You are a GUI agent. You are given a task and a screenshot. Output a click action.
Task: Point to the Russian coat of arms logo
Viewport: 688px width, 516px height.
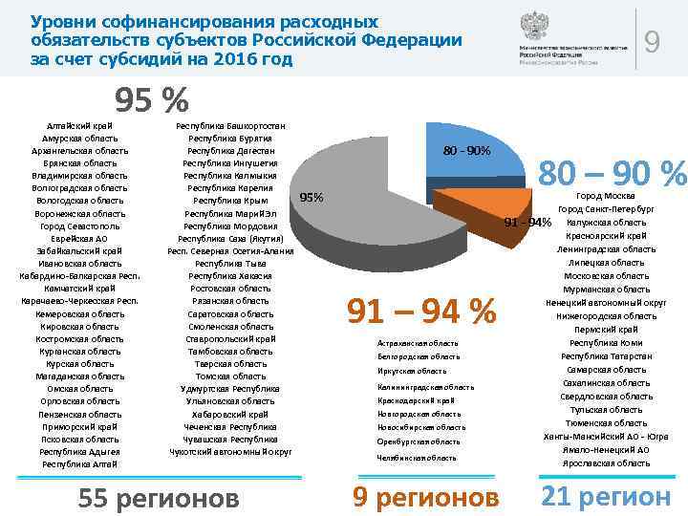pyautogui.click(x=533, y=27)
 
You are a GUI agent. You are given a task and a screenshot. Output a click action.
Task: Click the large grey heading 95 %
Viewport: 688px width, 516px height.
pyautogui.click(x=152, y=99)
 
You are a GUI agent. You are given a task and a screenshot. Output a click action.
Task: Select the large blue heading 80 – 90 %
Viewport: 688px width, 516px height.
pyautogui.click(x=613, y=174)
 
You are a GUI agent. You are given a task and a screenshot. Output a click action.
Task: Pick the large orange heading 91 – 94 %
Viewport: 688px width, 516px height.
pyautogui.click(x=421, y=311)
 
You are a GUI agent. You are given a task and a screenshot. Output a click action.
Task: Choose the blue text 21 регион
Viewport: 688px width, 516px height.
pyautogui.click(x=606, y=496)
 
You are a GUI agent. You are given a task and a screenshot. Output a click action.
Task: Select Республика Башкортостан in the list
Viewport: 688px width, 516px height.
pyautogui.click(x=230, y=125)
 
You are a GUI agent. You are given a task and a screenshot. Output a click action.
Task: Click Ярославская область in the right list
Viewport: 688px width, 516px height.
pyautogui.click(x=608, y=463)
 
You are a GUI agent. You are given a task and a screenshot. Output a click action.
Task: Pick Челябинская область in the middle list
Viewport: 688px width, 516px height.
pyautogui.click(x=417, y=458)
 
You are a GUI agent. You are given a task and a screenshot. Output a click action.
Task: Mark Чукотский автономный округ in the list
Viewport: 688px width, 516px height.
pyautogui.click(x=230, y=451)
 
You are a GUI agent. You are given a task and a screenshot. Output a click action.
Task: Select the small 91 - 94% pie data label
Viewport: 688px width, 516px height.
pyautogui.click(x=528, y=223)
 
